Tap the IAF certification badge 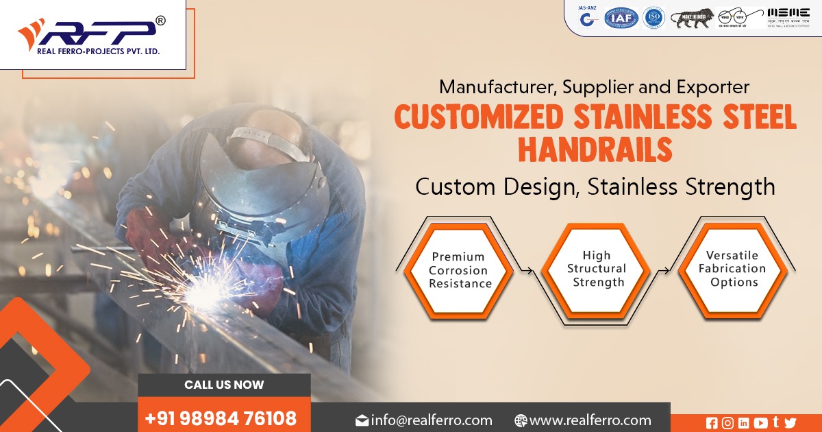[x=621, y=18]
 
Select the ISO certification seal [x=654, y=18]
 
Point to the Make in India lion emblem [x=692, y=18]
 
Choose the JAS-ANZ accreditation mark [x=586, y=16]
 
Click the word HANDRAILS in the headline [x=595, y=150]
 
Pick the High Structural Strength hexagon [x=596, y=269]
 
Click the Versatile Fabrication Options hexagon [x=732, y=268]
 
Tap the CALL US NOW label [x=224, y=385]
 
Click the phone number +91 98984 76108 [x=221, y=418]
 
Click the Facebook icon [x=712, y=423]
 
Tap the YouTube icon [x=760, y=423]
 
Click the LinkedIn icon [x=744, y=423]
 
